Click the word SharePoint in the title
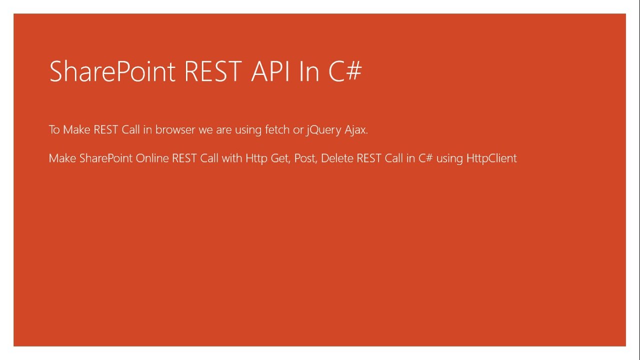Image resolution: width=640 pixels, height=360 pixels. point(112,71)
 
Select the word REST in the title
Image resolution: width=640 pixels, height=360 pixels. point(213,71)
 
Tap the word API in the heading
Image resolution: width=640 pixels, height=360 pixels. point(270,71)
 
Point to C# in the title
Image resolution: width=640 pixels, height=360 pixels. point(345,71)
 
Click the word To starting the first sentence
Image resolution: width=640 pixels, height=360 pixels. point(54,129)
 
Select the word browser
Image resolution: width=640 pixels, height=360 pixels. point(175,129)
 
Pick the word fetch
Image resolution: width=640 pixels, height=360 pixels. point(277,129)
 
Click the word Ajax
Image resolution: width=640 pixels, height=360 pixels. point(356,129)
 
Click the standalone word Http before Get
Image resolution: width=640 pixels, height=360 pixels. point(256,158)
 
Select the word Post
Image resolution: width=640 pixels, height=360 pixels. point(305,158)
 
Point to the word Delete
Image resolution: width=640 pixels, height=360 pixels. point(337,158)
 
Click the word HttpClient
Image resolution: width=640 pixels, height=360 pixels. point(491,158)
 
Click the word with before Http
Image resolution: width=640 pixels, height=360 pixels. point(231,158)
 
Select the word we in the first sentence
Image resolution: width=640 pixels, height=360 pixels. point(205,130)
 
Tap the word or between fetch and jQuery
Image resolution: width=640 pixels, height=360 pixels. point(298,130)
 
